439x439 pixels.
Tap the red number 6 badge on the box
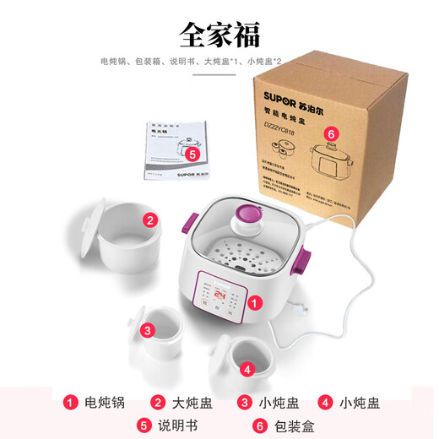(332, 133)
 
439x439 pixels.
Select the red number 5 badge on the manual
(192, 154)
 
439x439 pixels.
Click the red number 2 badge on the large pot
(149, 221)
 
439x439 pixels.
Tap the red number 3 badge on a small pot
(148, 330)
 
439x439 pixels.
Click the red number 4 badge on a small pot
(246, 368)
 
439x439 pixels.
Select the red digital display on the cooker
(219, 295)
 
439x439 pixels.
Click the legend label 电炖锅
(105, 403)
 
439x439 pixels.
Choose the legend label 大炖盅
(192, 403)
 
